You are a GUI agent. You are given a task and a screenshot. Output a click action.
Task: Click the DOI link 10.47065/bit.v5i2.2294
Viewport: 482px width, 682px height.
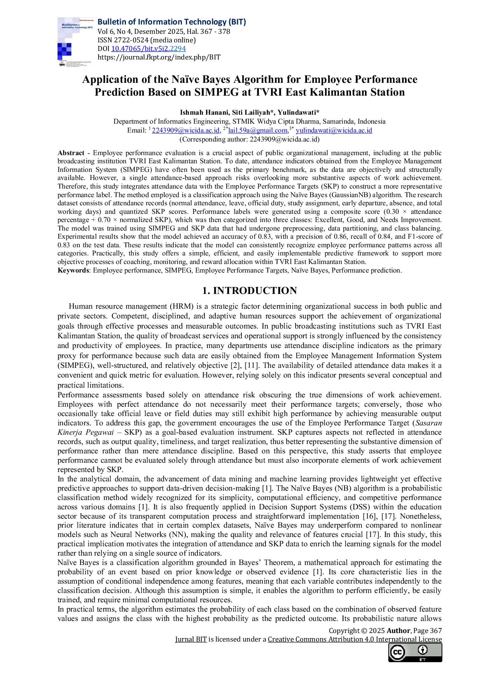148,49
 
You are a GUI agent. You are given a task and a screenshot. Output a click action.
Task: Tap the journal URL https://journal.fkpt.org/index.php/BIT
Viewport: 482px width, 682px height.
159,57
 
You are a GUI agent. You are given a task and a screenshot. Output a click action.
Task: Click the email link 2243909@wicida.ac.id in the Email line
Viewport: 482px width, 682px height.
185,130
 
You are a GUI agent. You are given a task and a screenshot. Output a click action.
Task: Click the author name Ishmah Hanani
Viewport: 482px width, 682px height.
204,112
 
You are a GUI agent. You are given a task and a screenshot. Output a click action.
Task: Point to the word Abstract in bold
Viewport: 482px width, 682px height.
71,153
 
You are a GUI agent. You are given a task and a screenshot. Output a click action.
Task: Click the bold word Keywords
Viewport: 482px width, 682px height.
73,270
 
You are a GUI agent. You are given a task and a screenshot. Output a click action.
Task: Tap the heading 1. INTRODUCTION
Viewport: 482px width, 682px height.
250,290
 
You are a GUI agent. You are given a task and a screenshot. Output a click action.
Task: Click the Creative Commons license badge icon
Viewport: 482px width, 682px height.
415,652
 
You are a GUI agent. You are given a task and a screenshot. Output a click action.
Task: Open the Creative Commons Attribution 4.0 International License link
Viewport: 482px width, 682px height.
355,639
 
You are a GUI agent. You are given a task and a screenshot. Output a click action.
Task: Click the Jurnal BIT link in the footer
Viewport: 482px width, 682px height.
190,639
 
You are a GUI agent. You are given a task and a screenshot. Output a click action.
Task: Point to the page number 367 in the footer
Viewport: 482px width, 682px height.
436,631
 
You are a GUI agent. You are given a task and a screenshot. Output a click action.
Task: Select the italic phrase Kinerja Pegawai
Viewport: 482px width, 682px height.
86,432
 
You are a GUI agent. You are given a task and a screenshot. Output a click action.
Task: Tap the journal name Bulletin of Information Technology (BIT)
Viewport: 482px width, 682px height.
171,22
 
